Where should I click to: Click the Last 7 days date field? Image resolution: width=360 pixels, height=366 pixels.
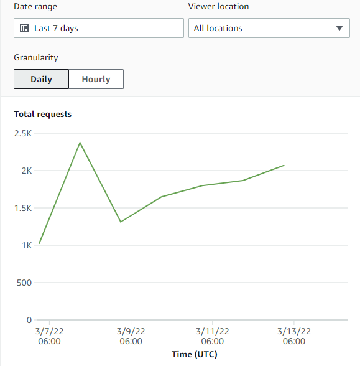point(98,28)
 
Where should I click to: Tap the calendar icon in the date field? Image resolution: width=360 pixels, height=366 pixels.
point(24,28)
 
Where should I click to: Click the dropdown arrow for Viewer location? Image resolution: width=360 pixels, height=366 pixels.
point(339,28)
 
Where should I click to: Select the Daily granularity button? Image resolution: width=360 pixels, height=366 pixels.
point(41,79)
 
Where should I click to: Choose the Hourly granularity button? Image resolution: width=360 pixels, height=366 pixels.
point(96,79)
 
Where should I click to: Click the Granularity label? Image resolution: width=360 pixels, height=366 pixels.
point(36,57)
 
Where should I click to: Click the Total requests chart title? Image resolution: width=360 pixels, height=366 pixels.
point(42,114)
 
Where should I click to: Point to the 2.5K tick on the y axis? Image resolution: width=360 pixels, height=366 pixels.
point(22,133)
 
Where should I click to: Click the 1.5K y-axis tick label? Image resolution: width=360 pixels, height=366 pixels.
point(22,208)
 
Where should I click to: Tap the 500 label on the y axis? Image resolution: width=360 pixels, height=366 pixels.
point(24,283)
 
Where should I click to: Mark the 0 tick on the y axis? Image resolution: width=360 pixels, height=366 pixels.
point(29,320)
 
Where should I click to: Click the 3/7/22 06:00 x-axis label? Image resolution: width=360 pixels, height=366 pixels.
point(49,336)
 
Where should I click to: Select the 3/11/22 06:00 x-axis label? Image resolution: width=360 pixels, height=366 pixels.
point(213,336)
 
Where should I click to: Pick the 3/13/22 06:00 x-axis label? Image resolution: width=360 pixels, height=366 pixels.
point(294,336)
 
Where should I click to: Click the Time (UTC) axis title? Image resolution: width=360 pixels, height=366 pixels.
point(194,354)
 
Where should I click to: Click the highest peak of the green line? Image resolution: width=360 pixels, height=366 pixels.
point(80,143)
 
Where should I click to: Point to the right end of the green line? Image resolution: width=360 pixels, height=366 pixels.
point(284,165)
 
